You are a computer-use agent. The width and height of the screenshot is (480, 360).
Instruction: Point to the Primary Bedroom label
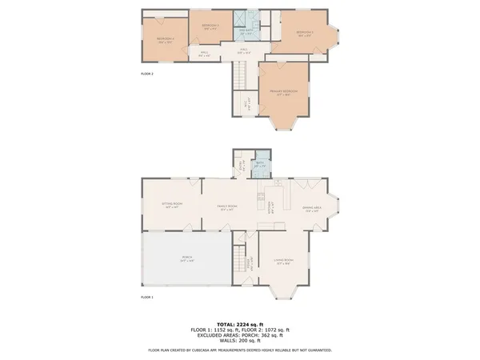[x=283, y=92]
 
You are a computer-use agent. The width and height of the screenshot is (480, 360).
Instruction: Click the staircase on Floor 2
[x=238, y=78]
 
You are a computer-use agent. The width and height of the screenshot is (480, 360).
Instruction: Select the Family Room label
[x=227, y=207]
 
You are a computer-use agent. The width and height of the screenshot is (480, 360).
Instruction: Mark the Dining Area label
[x=312, y=210]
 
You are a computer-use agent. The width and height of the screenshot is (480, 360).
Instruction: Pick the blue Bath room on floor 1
[x=260, y=166]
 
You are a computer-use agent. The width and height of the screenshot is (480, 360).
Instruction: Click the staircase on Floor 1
[x=238, y=261]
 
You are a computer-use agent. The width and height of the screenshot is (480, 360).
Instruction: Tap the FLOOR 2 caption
[x=147, y=74]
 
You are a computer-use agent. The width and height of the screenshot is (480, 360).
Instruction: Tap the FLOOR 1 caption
[x=147, y=297]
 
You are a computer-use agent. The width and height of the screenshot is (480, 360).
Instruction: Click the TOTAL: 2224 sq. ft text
[x=240, y=323]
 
